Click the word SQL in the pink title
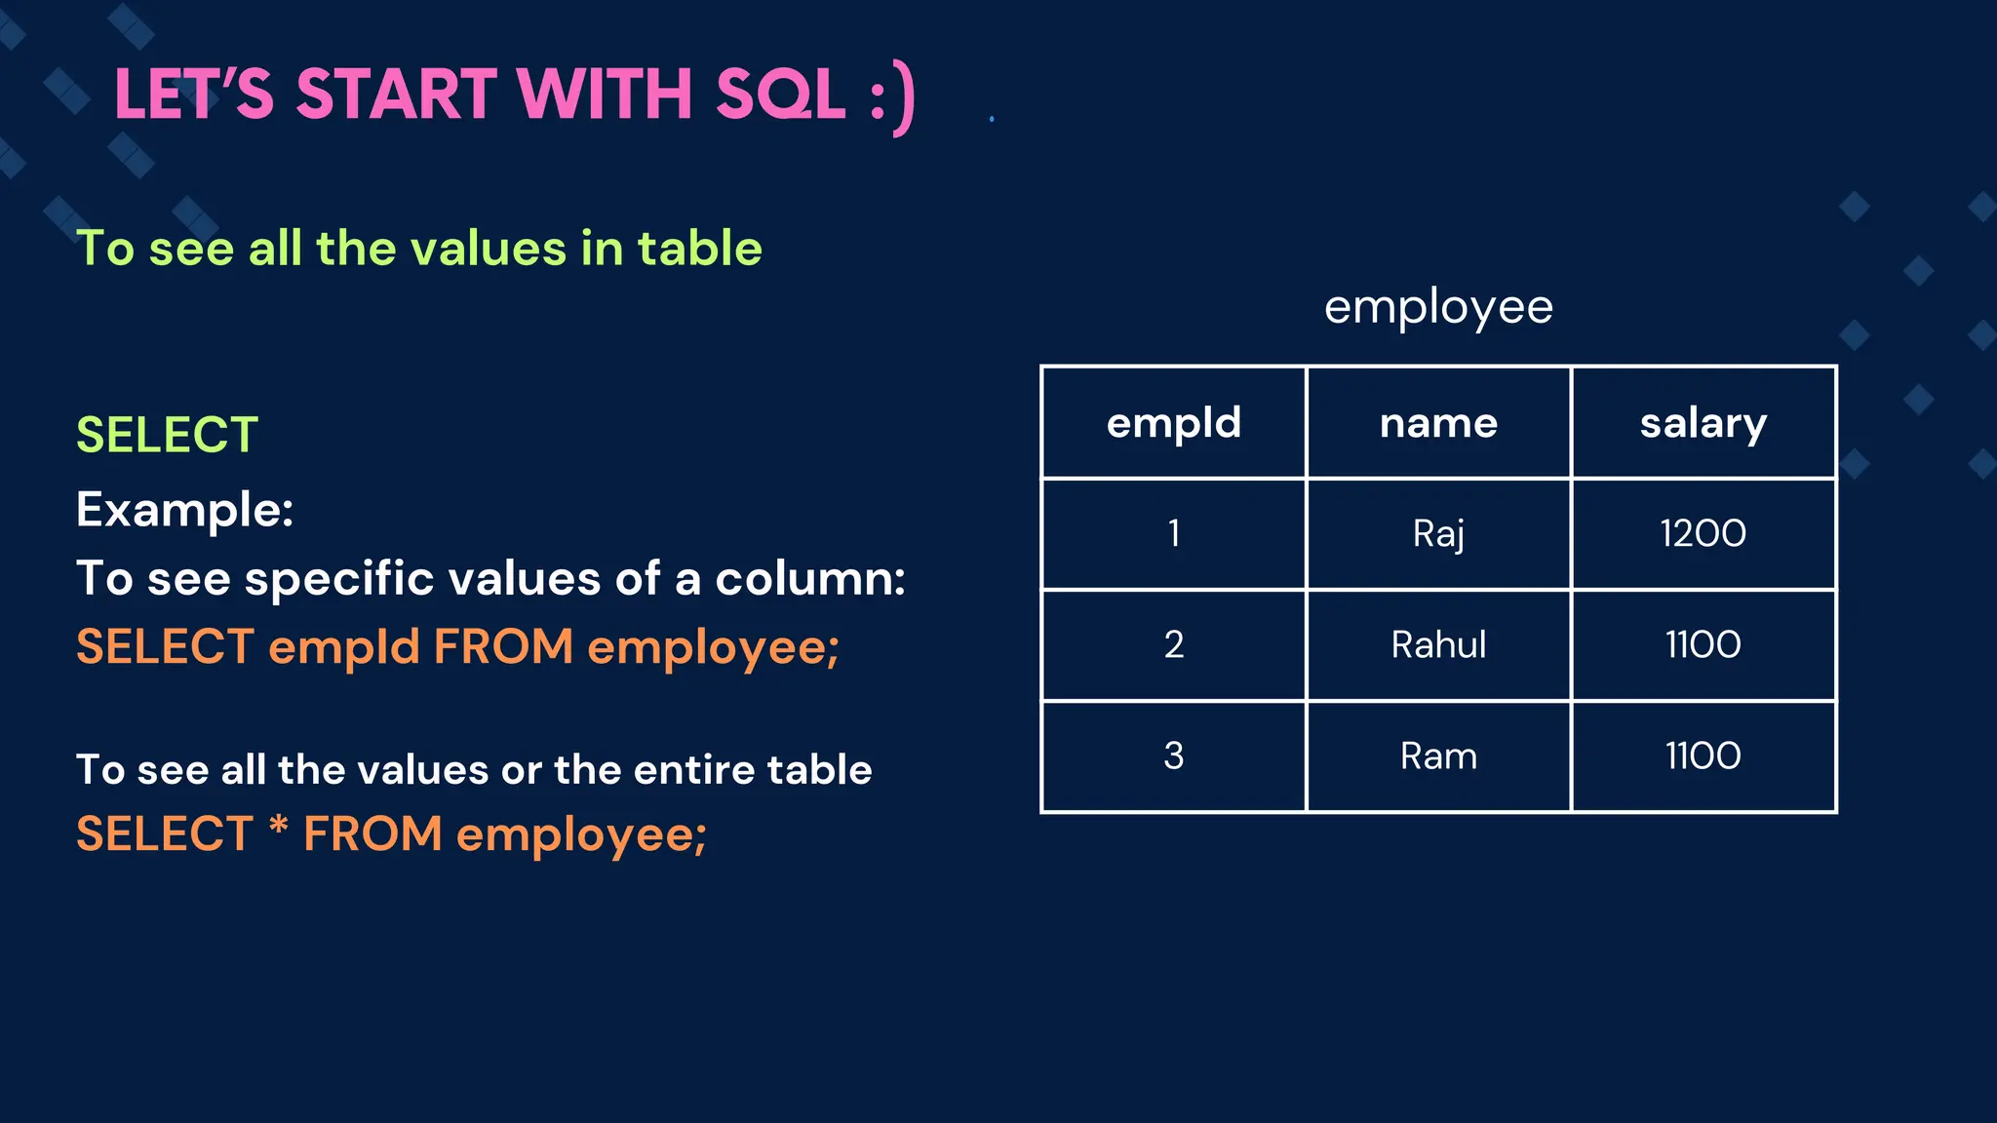pyautogui.click(x=780, y=95)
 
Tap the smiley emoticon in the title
pyautogui.click(x=893, y=97)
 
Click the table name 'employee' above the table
pyautogui.click(x=1438, y=307)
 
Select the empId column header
pyautogui.click(x=1174, y=423)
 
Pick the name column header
pyautogui.click(x=1438, y=423)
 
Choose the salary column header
pyautogui.click(x=1703, y=423)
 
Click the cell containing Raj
pyautogui.click(x=1438, y=534)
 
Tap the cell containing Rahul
pyautogui.click(x=1438, y=645)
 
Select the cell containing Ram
pyautogui.click(x=1438, y=756)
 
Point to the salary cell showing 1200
pyautogui.click(x=1703, y=534)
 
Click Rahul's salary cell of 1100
pyautogui.click(x=1703, y=645)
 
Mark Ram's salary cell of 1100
pyautogui.click(x=1703, y=756)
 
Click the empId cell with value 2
pyautogui.click(x=1174, y=645)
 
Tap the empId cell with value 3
pyautogui.click(x=1174, y=756)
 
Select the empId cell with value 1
pyautogui.click(x=1174, y=534)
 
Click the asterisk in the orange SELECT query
pyautogui.click(x=279, y=827)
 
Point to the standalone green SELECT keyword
pyautogui.click(x=167, y=435)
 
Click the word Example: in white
pyautogui.click(x=185, y=510)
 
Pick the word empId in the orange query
pyautogui.click(x=343, y=647)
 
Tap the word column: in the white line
pyautogui.click(x=810, y=579)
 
